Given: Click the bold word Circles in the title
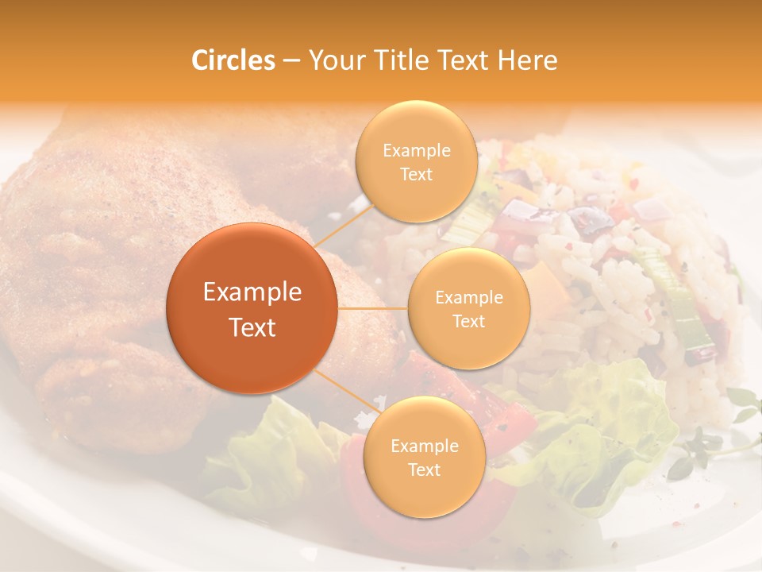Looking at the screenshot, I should point(233,60).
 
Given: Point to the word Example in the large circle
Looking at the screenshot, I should point(252,292).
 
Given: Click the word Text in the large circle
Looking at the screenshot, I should point(252,327).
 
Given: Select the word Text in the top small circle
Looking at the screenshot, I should point(416,174).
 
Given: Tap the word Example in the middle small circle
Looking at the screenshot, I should point(469,298).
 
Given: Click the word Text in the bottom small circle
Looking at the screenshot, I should point(424,470).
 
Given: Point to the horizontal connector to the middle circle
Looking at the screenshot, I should point(373,308).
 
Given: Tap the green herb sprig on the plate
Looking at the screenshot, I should point(706,445).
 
